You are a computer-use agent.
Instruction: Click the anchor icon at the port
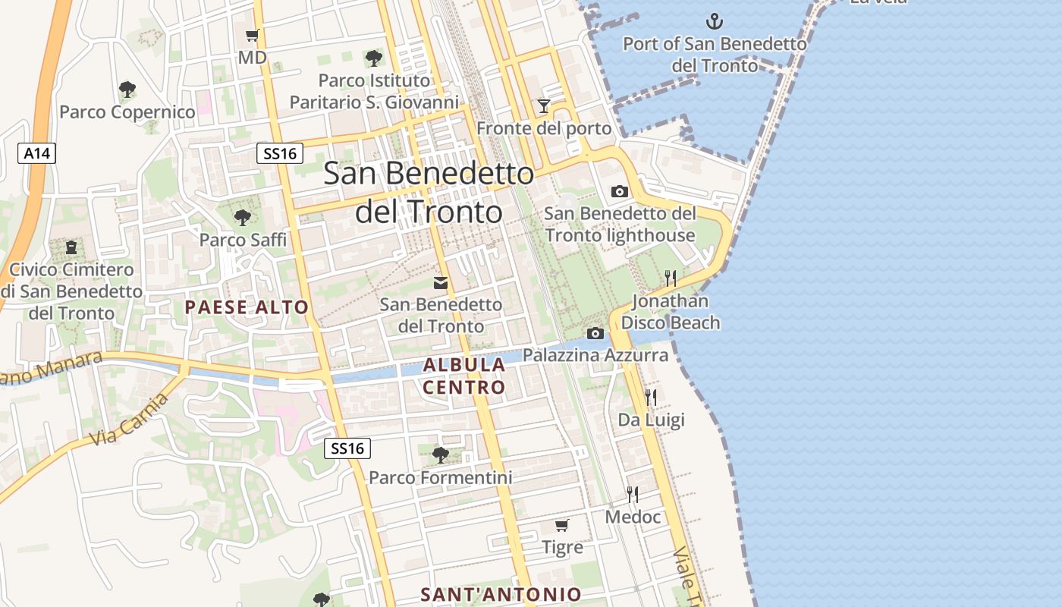[x=714, y=20]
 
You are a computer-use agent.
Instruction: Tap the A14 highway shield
[x=36, y=153]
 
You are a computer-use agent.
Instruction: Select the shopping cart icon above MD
[x=253, y=36]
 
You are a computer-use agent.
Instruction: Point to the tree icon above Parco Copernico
[x=127, y=90]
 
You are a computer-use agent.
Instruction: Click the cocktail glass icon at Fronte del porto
[x=543, y=106]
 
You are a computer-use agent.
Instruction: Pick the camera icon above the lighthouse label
[x=620, y=191]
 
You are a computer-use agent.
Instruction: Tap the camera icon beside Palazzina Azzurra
[x=595, y=333]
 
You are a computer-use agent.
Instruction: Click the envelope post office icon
[x=441, y=283]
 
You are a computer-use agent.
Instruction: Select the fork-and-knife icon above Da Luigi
[x=651, y=397]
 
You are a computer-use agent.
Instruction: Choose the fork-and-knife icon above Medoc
[x=633, y=495]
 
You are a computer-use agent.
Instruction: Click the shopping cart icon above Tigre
[x=562, y=525]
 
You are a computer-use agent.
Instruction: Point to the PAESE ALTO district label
[x=247, y=307]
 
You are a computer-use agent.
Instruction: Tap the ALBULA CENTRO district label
[x=464, y=376]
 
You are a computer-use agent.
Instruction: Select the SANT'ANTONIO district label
[x=501, y=594]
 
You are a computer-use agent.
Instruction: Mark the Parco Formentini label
[x=440, y=478]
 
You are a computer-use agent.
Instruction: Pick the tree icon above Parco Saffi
[x=243, y=218]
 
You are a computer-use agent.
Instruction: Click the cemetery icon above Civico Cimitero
[x=71, y=247]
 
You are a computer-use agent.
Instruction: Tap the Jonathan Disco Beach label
[x=671, y=312]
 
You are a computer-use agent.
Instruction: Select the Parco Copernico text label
[x=127, y=112]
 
